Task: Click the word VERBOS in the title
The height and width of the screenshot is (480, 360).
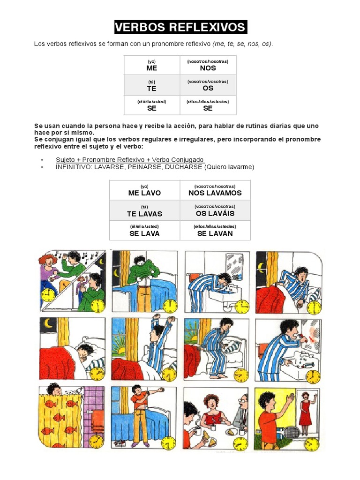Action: point(140,27)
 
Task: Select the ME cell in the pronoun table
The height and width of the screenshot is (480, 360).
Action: point(151,65)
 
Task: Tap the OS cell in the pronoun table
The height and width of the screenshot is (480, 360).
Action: point(208,85)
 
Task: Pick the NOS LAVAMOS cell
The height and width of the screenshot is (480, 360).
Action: point(215,190)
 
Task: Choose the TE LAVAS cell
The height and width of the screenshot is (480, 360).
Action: point(144,211)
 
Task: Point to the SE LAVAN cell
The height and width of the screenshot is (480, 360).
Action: point(215,231)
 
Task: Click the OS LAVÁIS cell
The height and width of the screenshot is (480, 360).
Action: point(215,210)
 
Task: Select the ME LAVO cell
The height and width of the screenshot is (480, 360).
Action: point(144,190)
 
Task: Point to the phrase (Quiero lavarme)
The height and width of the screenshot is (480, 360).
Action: point(230,167)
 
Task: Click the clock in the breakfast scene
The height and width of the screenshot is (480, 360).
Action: point(240,442)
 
